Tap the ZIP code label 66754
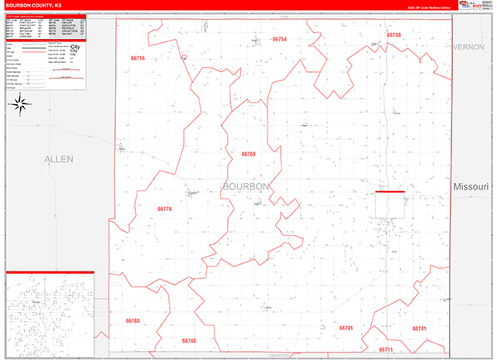click(278, 39)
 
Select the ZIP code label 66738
click(393, 35)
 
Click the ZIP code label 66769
click(248, 154)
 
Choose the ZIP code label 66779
click(164, 209)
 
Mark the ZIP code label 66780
click(133, 320)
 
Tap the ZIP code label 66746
click(189, 341)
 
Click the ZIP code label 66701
click(346, 329)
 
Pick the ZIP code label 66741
click(419, 329)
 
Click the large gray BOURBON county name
click(246, 187)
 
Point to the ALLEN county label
click(59, 158)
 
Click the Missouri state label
click(474, 189)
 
